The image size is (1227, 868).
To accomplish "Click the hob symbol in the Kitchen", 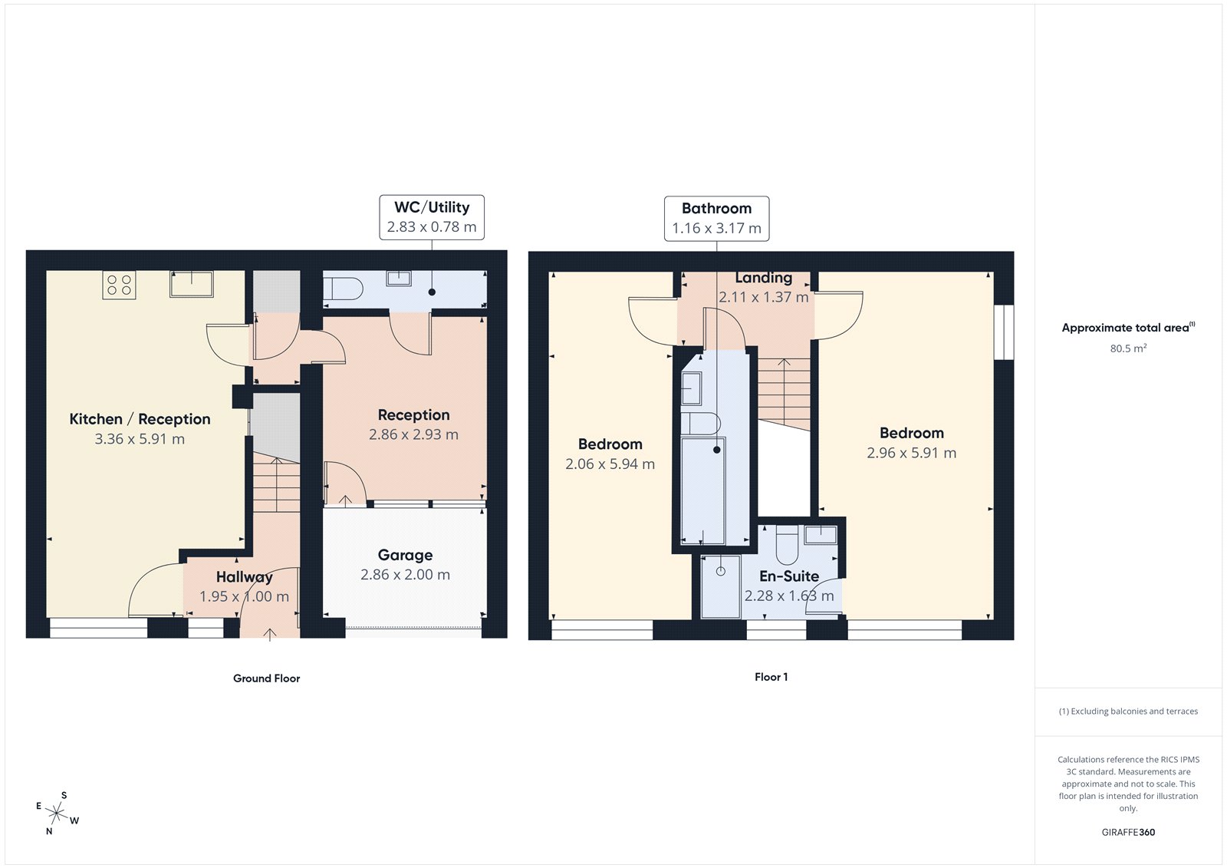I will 119,285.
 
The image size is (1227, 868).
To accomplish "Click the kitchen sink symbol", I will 191,283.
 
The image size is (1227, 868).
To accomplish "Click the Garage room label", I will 405,555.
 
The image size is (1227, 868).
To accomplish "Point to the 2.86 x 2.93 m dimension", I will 413,434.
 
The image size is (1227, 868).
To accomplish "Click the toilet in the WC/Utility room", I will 342,289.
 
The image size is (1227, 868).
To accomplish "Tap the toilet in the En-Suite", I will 788,546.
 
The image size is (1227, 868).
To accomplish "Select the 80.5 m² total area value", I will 1128,348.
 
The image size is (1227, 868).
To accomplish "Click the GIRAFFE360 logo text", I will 1128,832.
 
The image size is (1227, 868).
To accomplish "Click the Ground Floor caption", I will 266,678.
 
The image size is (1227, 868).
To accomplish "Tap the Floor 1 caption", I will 771,677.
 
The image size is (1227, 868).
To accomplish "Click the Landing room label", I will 763,278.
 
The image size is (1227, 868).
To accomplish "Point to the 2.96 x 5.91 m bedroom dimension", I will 911,453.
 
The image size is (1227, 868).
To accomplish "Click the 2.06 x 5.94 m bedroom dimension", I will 610,464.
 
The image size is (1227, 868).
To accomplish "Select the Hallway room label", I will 244,577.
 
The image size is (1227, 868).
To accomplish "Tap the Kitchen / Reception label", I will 140,419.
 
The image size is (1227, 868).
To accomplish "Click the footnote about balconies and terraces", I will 1128,711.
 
